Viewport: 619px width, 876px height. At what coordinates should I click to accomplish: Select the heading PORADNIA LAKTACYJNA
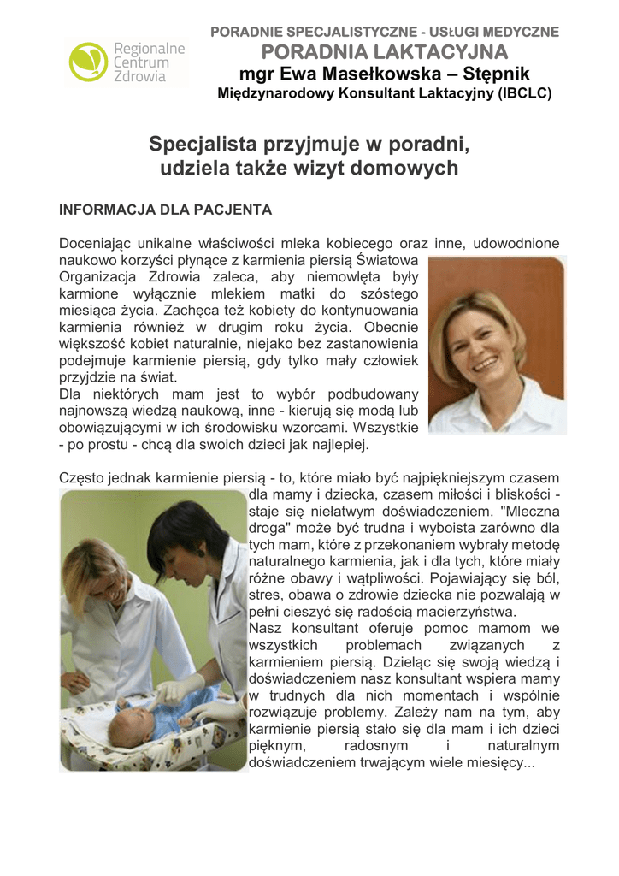pos(385,52)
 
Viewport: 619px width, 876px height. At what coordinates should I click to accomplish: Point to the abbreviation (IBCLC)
pos(524,92)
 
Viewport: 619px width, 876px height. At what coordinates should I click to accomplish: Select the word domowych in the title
pos(406,168)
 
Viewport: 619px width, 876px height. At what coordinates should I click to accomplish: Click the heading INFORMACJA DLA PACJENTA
pos(165,210)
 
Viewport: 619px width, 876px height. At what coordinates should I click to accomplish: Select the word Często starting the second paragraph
pos(84,478)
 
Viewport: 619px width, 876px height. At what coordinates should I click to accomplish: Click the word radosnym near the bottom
pos(379,746)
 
